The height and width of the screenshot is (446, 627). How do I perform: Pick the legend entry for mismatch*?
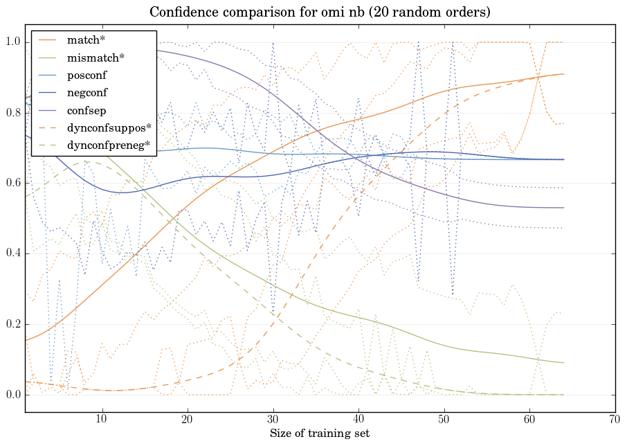96,57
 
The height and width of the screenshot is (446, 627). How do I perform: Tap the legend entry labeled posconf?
87,75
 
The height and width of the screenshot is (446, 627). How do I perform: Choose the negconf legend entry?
87,92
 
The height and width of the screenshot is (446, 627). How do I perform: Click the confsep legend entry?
86,110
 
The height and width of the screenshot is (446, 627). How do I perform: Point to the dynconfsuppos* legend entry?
109,127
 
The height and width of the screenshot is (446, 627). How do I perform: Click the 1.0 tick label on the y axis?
12,43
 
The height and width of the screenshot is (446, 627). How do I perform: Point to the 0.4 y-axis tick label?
12,254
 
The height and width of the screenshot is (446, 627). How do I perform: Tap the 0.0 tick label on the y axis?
12,395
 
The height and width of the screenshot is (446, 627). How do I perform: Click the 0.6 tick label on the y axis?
12,184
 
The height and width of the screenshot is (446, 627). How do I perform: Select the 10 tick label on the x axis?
102,419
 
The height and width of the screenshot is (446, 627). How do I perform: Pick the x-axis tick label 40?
358,419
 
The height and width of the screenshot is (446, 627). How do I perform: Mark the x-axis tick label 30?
273,419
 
